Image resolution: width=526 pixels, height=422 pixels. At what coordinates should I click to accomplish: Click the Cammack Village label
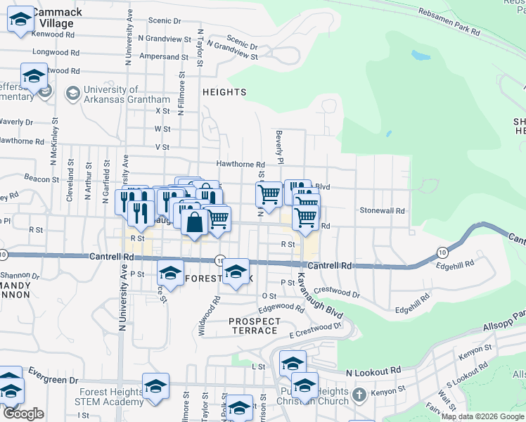56,18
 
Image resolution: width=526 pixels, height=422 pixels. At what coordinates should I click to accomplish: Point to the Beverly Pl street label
280,146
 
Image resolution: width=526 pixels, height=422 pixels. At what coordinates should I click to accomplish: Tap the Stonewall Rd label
382,210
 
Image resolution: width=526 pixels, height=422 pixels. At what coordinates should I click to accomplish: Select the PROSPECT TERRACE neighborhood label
254,326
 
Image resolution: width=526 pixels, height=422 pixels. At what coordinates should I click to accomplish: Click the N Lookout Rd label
373,370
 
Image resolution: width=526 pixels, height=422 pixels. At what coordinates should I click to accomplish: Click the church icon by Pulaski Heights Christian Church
359,395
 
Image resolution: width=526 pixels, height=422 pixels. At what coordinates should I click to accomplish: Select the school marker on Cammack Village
21,21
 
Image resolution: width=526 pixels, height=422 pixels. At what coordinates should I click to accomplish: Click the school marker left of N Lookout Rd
293,363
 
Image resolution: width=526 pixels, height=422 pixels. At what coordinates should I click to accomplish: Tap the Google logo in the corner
23,414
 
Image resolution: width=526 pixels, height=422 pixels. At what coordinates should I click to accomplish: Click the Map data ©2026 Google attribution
482,416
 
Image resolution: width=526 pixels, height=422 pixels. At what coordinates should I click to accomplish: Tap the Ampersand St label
164,56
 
